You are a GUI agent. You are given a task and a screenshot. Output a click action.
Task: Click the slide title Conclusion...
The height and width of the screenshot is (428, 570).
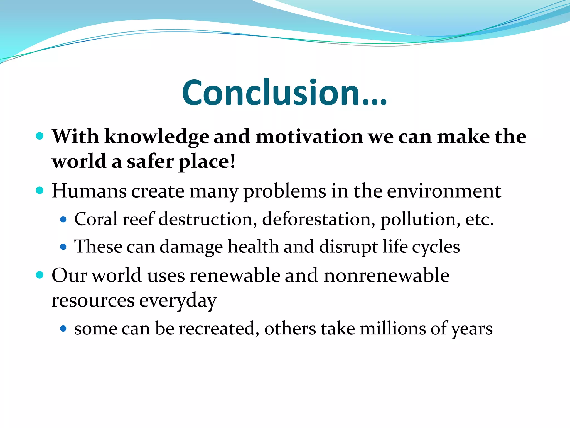pos(284,93)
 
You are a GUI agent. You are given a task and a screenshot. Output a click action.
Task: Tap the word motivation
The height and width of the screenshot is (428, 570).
pos(309,137)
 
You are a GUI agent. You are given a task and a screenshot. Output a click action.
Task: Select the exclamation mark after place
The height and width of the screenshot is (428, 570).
pos(233,162)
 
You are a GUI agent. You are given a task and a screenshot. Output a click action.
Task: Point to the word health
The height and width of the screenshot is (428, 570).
pos(253,246)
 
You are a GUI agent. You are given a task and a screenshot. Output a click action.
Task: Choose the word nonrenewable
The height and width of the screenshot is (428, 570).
pos(387,275)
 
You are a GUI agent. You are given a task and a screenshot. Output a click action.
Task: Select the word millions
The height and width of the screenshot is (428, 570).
pos(393,328)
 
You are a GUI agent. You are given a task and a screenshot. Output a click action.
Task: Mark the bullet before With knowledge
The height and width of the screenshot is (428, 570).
pos(40,136)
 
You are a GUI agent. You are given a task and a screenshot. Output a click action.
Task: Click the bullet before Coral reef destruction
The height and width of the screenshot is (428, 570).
pos(63,220)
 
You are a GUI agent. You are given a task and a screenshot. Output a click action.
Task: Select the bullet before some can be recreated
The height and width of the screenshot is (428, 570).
pos(63,329)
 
